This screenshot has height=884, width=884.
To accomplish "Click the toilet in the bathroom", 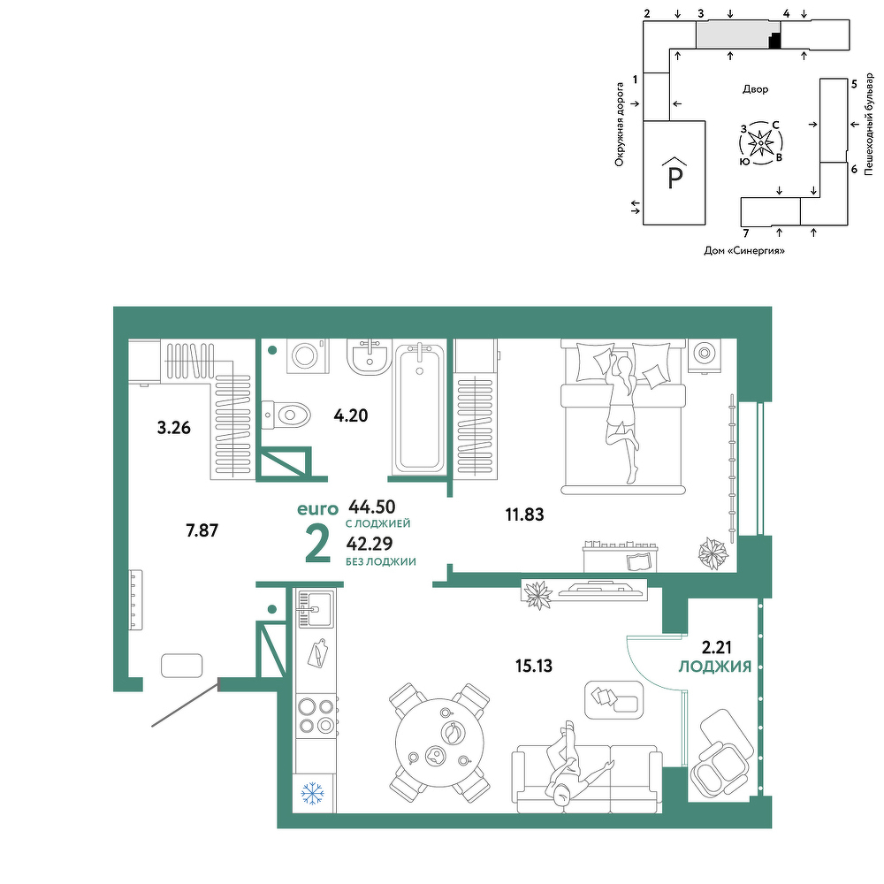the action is [x=286, y=415].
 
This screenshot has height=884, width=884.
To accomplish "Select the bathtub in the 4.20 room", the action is [x=419, y=408].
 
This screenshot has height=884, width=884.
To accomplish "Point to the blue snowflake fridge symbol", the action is [x=312, y=793].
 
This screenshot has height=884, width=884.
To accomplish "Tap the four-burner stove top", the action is [x=316, y=715].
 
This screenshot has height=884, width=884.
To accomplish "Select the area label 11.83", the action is [x=524, y=514].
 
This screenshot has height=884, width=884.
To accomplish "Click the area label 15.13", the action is [x=533, y=666].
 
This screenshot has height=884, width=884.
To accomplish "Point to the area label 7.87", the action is [x=202, y=530].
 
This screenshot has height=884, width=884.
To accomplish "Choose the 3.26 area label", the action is [x=173, y=428].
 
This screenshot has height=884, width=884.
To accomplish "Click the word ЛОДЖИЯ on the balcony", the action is [x=715, y=667].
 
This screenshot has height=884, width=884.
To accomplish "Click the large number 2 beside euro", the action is [x=317, y=544].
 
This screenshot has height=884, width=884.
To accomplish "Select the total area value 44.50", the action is [x=372, y=507].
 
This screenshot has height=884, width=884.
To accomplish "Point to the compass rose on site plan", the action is [x=760, y=143].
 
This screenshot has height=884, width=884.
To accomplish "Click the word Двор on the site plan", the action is [x=756, y=89].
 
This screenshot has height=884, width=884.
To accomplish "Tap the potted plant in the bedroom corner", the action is [x=713, y=553].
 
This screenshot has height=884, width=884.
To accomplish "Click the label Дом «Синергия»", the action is [x=744, y=250].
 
